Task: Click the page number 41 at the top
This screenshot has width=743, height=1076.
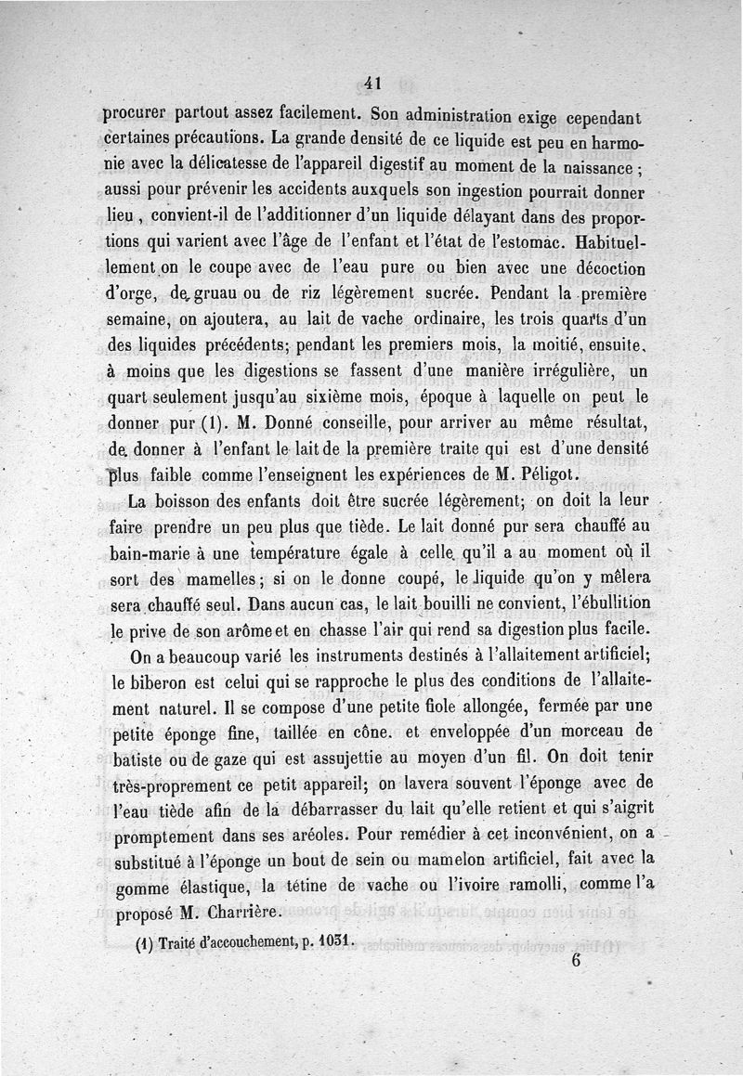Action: (x=372, y=83)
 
